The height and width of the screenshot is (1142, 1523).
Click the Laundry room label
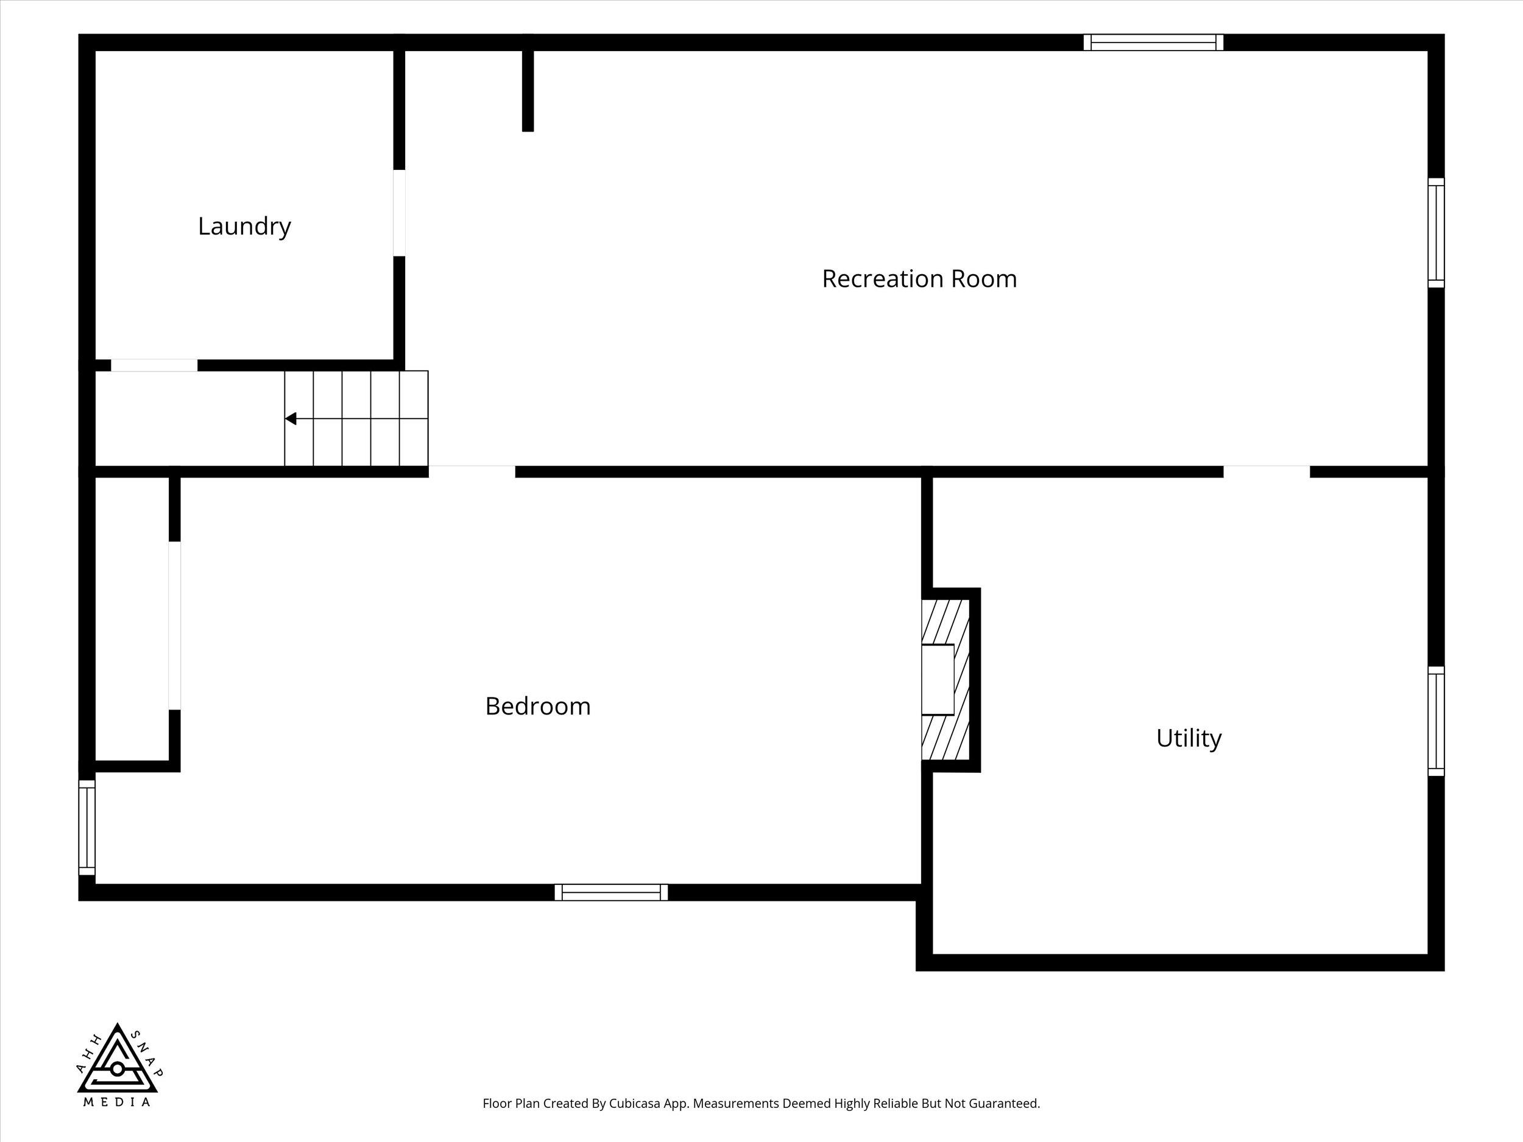coord(244,227)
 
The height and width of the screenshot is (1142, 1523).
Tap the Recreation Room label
coord(919,279)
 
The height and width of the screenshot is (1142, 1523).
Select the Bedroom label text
coord(538,707)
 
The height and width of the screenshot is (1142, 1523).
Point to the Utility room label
coord(1189,739)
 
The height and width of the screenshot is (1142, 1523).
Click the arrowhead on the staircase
coord(291,418)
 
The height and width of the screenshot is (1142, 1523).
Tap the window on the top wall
coord(1153,42)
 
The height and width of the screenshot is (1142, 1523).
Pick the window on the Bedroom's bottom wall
coord(610,892)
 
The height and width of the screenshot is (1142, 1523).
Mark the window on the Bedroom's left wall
coord(87,827)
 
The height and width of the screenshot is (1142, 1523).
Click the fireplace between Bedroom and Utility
coord(946,680)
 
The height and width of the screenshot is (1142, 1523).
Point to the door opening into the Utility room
coord(1266,471)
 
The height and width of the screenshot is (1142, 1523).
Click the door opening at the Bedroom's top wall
coord(472,471)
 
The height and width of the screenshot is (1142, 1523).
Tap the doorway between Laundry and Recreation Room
coord(398,213)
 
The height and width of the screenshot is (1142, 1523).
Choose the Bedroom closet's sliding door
coord(174,625)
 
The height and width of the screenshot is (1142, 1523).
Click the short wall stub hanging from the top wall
coord(528,83)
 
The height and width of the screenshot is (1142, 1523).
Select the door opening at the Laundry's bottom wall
coord(154,365)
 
